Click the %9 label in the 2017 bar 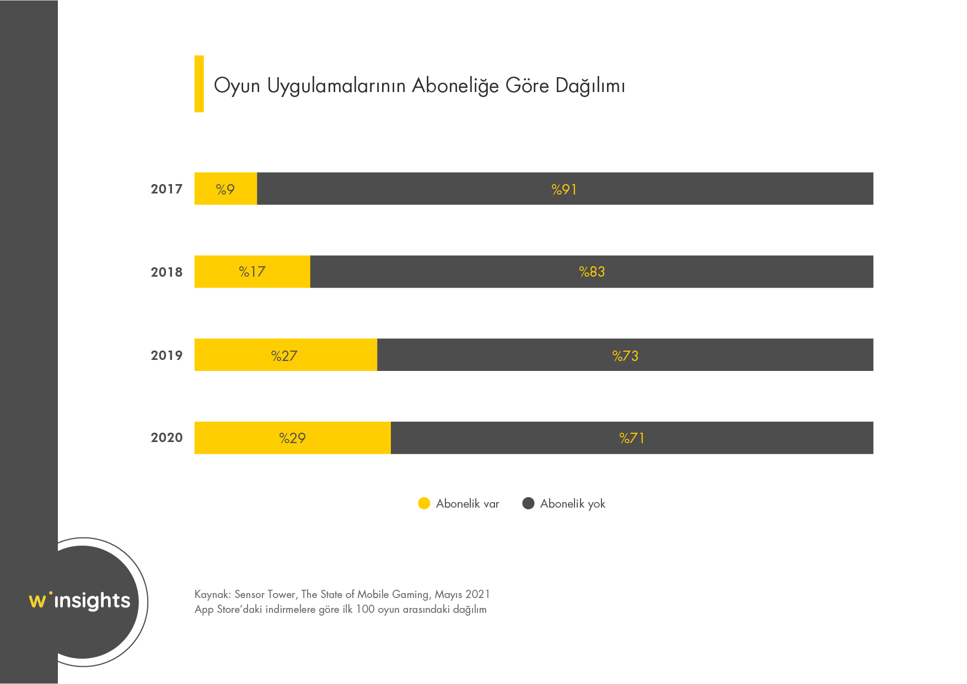point(225,189)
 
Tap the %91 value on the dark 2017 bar point(564,189)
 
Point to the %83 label point(592,272)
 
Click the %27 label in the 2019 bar point(284,356)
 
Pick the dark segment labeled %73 point(717,356)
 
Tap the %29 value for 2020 point(292,438)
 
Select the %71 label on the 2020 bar point(632,438)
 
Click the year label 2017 point(166,189)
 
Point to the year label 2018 point(166,272)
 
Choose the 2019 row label point(166,356)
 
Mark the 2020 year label point(166,438)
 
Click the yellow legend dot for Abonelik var point(424,503)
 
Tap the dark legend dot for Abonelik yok point(528,503)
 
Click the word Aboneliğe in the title point(455,86)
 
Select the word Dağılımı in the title point(590,86)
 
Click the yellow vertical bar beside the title point(199,84)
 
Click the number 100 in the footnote point(365,609)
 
